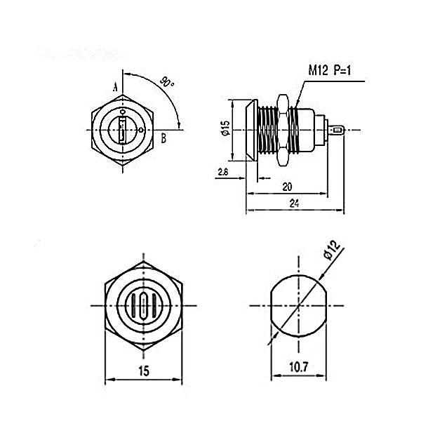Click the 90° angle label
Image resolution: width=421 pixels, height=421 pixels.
(166, 82)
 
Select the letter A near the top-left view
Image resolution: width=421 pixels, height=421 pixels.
(114, 86)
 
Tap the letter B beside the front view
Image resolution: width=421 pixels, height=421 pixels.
(163, 138)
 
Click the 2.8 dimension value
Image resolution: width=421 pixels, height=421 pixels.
(222, 172)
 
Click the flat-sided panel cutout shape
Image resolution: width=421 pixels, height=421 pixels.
(298, 306)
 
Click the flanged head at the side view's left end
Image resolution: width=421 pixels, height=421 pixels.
(248, 130)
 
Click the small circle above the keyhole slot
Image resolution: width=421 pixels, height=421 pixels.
(123, 111)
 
